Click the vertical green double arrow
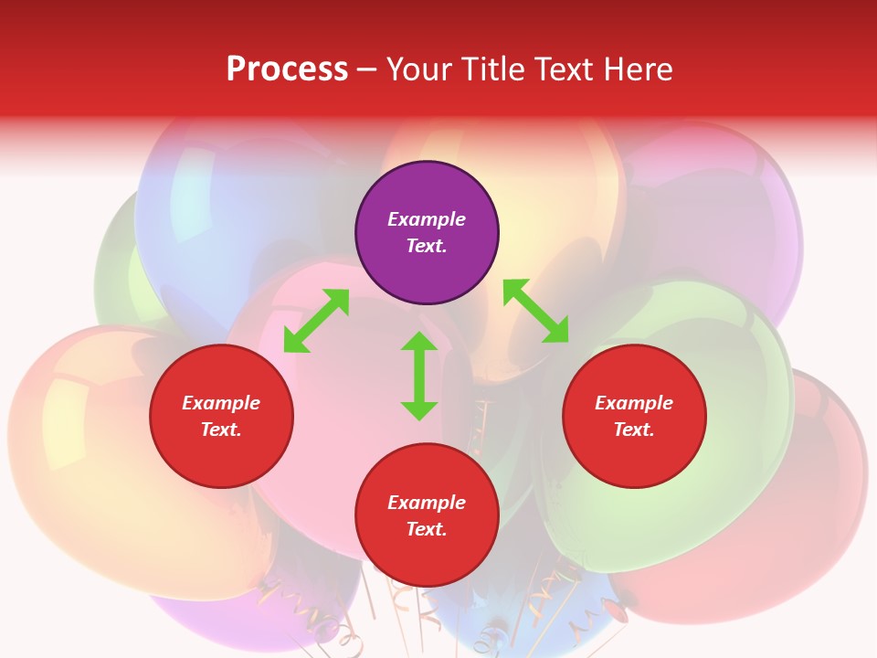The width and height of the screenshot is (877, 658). (419, 377)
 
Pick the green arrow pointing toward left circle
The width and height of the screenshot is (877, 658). (316, 321)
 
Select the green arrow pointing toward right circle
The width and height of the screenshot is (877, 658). (536, 311)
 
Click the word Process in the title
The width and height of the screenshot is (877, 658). (287, 69)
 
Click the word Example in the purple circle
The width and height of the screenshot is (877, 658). (427, 219)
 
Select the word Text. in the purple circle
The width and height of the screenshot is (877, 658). (427, 246)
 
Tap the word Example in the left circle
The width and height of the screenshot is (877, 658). (221, 403)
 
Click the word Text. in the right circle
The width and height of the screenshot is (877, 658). (634, 430)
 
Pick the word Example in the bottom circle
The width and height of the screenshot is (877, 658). (427, 503)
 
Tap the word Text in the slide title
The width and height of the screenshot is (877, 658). (561, 69)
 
